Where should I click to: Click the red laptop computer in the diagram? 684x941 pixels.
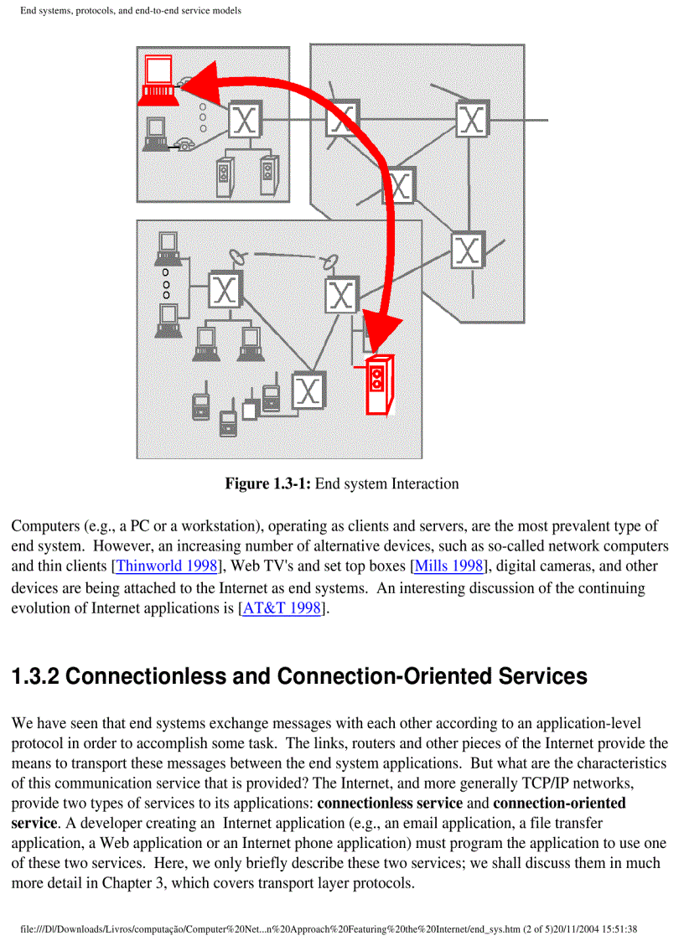click(158, 79)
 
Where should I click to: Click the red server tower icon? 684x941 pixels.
click(379, 386)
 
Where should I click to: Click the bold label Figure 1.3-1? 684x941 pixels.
click(267, 483)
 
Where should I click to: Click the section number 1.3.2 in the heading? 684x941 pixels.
click(34, 676)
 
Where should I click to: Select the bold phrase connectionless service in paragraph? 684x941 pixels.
click(390, 803)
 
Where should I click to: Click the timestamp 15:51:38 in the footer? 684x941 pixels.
click(615, 928)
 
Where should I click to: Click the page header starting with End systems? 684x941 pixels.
click(131, 11)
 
